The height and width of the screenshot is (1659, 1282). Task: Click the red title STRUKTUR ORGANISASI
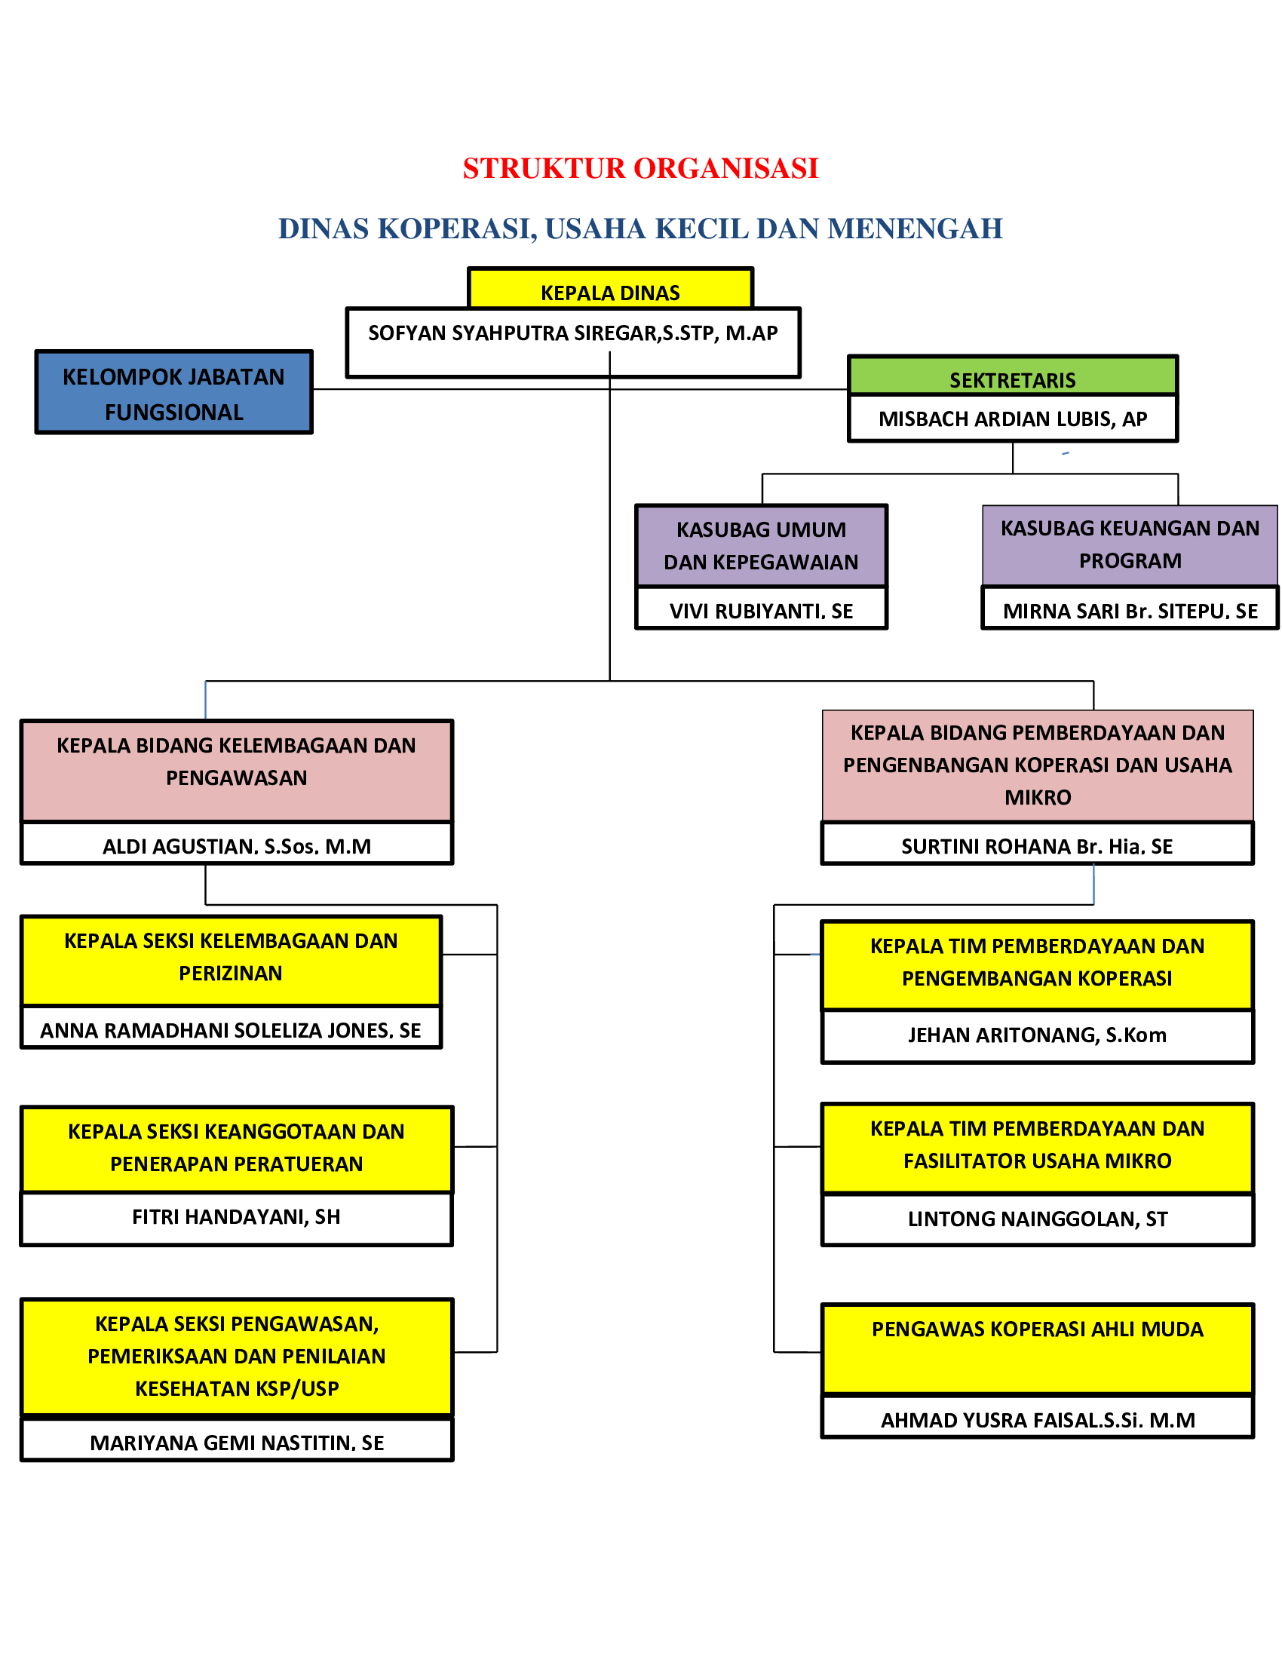coord(640,169)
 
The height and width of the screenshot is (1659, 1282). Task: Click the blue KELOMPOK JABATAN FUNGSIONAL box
coord(174,393)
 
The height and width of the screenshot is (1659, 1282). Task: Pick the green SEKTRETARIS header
coord(1012,379)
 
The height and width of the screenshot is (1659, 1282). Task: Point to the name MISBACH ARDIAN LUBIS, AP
coord(1012,419)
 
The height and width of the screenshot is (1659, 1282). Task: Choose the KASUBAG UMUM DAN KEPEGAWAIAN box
coord(761,545)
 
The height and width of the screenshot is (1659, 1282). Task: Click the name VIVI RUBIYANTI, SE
coord(761,611)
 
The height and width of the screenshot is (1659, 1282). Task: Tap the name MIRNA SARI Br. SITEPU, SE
coord(1130,611)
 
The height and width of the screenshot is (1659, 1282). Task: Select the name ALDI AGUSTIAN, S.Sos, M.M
coord(237,845)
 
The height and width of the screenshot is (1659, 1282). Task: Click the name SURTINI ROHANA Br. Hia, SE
coord(1037,845)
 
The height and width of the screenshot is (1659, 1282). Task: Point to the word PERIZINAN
coord(230,973)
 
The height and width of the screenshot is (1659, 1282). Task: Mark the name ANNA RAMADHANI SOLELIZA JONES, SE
coord(230,1030)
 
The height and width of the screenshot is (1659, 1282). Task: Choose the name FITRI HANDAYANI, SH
coord(236,1217)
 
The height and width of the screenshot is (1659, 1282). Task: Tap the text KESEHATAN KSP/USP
coord(237,1388)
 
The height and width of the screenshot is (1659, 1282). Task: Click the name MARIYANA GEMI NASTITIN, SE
coord(237,1443)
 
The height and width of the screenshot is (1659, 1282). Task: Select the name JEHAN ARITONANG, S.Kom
coord(1037,1035)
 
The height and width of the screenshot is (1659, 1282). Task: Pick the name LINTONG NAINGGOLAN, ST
coord(1038,1219)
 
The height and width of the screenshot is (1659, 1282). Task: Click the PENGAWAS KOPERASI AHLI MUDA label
coord(1038,1329)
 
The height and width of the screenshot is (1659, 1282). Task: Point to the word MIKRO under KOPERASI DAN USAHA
coord(1038,797)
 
